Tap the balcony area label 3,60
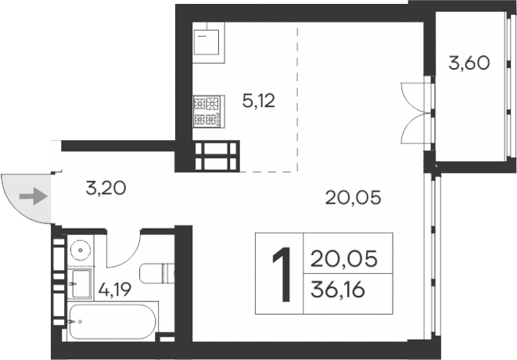(x=469, y=63)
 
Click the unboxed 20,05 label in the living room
(x=353, y=197)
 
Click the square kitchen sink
(x=207, y=44)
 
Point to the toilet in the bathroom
(x=156, y=274)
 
